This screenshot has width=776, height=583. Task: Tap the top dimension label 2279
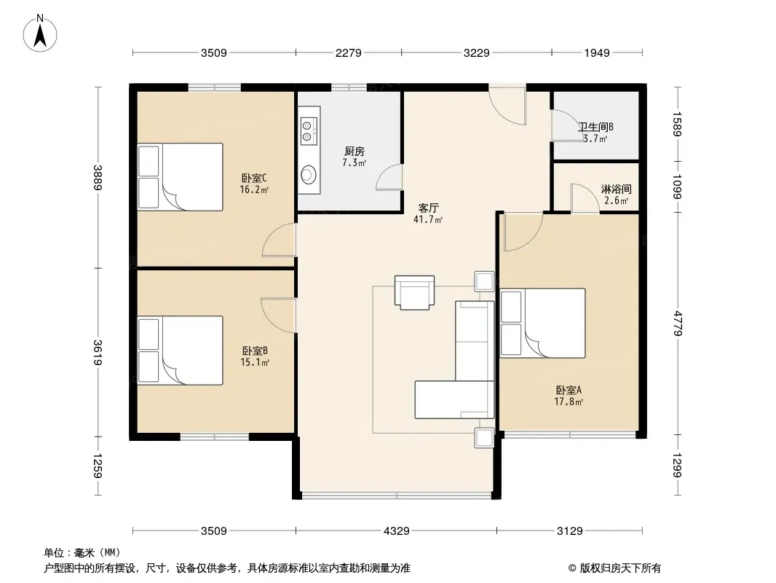pyautogui.click(x=349, y=52)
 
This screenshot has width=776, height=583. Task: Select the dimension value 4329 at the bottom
pyautogui.click(x=397, y=531)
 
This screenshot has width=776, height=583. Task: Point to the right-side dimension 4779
pyautogui.click(x=677, y=324)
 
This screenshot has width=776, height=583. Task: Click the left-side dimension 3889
pyautogui.click(x=98, y=177)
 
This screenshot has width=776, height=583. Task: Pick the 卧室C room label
pyautogui.click(x=254, y=178)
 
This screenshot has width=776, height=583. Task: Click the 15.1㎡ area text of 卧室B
pyautogui.click(x=254, y=362)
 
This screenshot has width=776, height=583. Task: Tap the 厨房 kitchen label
pyautogui.click(x=355, y=151)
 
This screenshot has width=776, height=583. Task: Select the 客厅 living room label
pyautogui.click(x=428, y=208)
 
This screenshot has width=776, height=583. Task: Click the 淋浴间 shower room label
pyautogui.click(x=616, y=189)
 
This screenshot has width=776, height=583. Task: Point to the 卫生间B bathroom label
pyautogui.click(x=596, y=128)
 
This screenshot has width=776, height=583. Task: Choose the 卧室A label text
pyautogui.click(x=569, y=391)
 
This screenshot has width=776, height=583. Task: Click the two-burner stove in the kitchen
pyautogui.click(x=307, y=130)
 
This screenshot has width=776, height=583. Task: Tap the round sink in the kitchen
pyautogui.click(x=308, y=174)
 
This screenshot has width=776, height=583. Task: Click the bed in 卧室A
pyautogui.click(x=542, y=323)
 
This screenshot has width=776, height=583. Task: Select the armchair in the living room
pyautogui.click(x=415, y=292)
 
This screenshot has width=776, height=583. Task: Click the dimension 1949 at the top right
pyautogui.click(x=597, y=52)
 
